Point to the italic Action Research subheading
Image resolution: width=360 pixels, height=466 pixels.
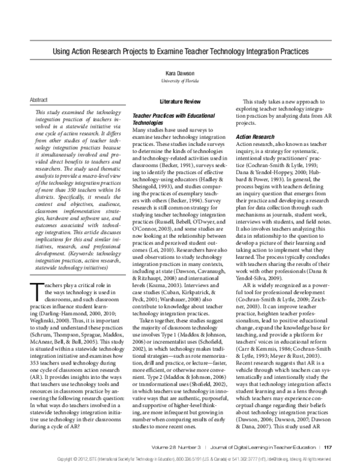pyautogui.click(x=254, y=137)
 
